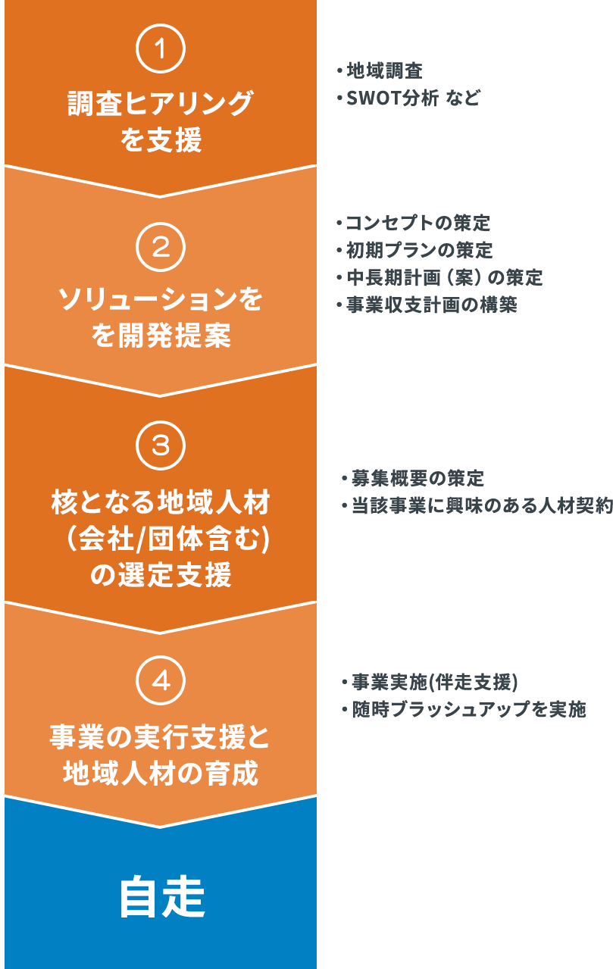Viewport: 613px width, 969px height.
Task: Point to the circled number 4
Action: click(x=160, y=681)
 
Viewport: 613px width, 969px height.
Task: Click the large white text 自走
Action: click(x=161, y=899)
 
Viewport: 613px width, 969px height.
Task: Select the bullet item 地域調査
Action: click(x=384, y=72)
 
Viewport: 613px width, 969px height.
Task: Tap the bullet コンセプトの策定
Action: click(x=418, y=223)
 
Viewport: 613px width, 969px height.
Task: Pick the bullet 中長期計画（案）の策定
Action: click(x=443, y=277)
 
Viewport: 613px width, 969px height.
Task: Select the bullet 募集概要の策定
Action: click(x=418, y=479)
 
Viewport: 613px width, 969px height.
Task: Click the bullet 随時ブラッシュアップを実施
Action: click(x=468, y=710)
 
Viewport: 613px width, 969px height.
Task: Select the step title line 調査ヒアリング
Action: click(x=160, y=104)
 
